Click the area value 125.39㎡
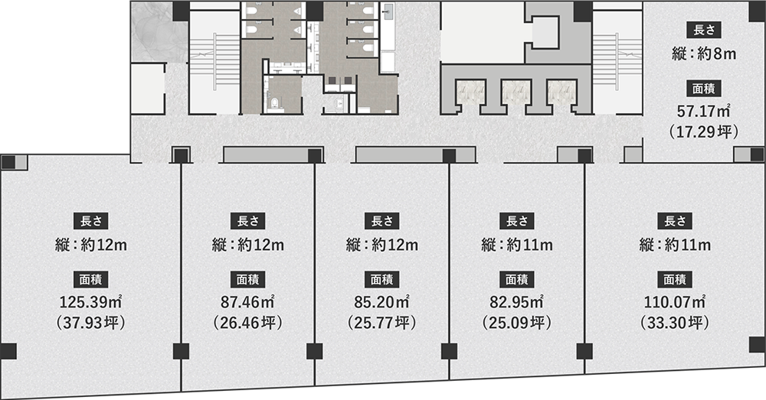[x=91, y=302]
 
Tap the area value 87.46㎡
[x=247, y=302]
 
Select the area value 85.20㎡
[x=381, y=302]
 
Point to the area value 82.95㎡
[x=516, y=302]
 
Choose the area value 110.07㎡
[x=675, y=302]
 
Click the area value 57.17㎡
[x=703, y=111]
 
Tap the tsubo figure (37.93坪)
[x=91, y=323]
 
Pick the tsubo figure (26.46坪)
[x=247, y=323]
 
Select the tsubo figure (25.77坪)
[x=381, y=323]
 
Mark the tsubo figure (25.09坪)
[x=516, y=323]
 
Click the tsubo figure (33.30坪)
[x=675, y=323]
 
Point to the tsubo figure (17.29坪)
[x=703, y=132]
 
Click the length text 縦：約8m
[x=703, y=54]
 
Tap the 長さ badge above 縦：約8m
[x=704, y=31]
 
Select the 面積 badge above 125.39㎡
[x=91, y=279]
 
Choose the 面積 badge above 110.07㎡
[x=675, y=279]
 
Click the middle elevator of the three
[x=516, y=93]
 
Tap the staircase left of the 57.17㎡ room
[x=617, y=61]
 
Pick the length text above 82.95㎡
[x=516, y=245]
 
